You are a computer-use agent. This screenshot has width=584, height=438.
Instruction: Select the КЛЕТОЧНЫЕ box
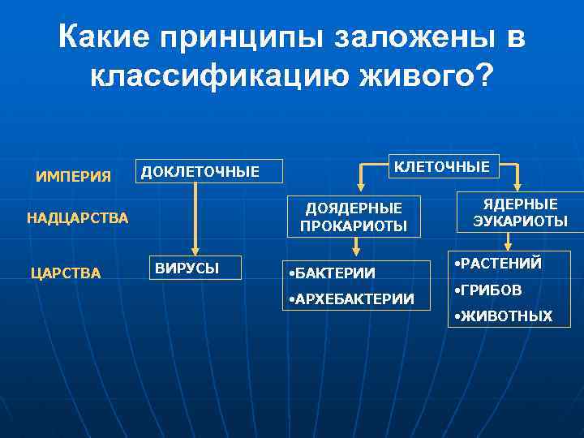441,166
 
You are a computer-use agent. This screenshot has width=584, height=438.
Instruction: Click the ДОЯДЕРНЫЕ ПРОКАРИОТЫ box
354,217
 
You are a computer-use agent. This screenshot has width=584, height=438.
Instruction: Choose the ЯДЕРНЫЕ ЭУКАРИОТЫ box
509,213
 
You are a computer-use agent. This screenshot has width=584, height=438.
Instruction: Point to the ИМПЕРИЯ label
74,176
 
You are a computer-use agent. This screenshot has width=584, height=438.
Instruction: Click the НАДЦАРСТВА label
78,217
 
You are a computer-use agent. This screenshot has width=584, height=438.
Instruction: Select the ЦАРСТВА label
66,273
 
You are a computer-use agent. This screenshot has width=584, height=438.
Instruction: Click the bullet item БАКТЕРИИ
333,273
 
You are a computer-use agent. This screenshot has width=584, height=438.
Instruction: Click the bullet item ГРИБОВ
488,290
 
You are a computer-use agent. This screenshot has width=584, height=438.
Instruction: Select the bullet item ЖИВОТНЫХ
504,316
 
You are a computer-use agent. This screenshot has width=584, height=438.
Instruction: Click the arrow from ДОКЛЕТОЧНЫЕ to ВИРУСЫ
194,215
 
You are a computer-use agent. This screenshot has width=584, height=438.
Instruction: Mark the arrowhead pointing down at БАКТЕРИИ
355,242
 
